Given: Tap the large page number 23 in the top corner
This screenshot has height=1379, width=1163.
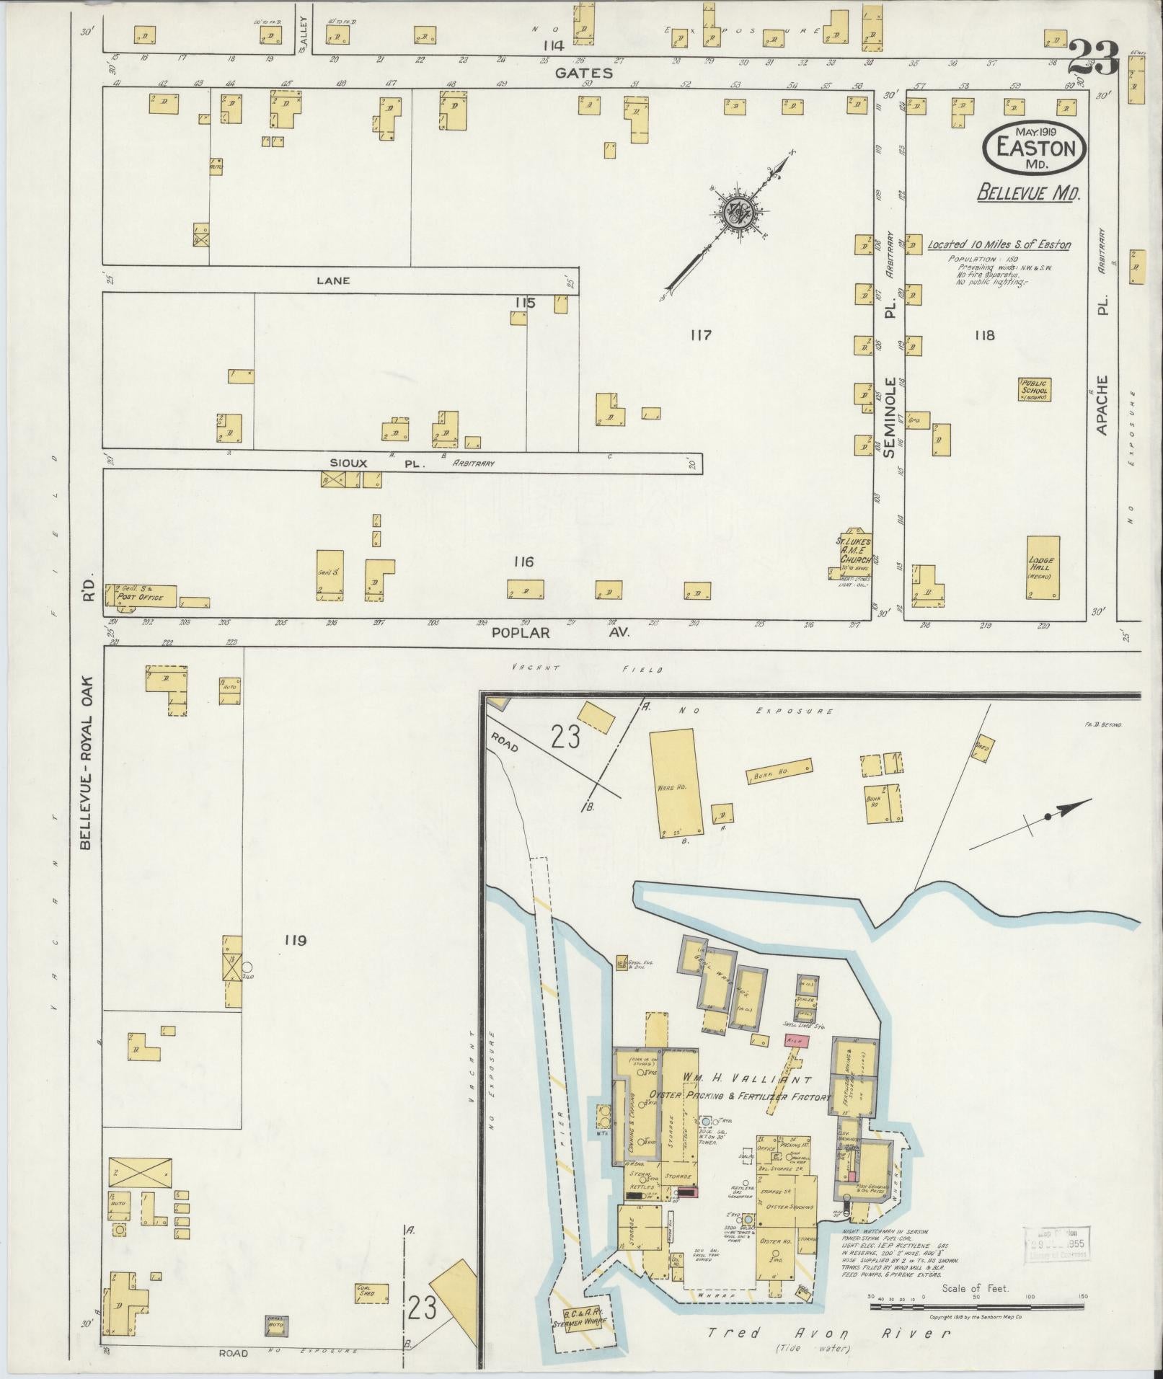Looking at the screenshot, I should point(1092,58).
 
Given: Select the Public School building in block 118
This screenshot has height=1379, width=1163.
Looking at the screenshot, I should point(1035,389).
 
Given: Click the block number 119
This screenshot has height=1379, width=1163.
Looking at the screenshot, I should point(296,940).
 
